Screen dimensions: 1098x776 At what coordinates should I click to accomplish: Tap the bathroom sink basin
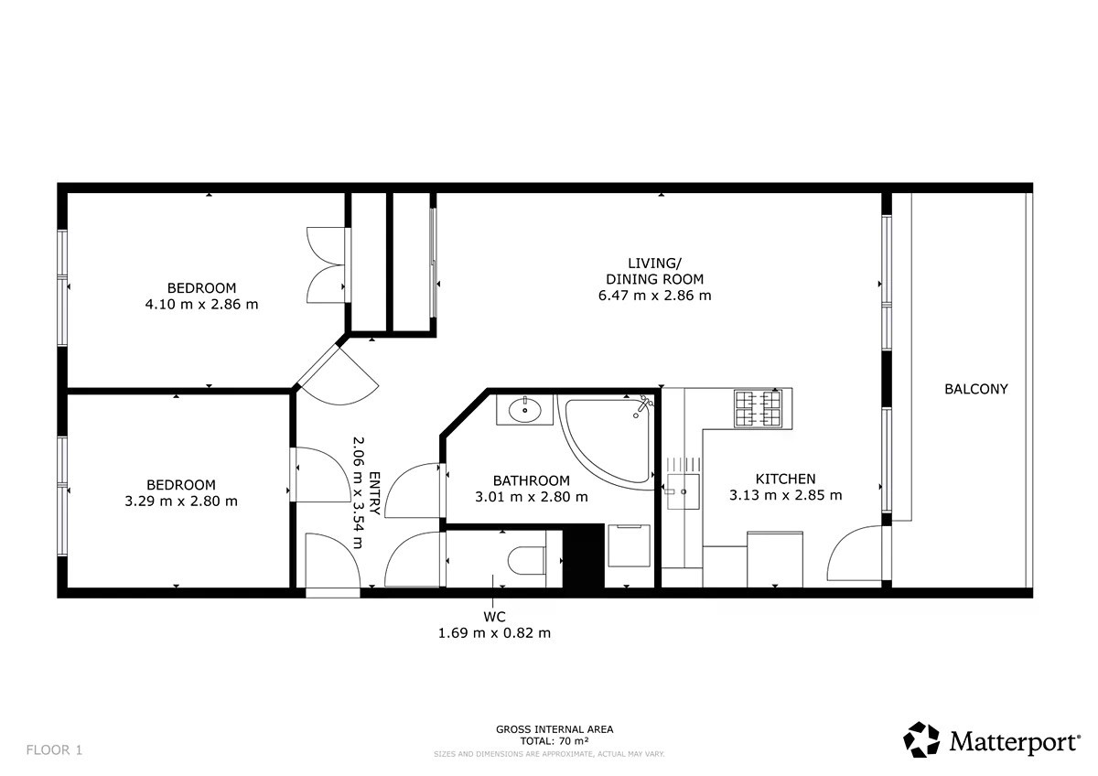pyautogui.click(x=524, y=409)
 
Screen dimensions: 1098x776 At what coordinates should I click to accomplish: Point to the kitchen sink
pyautogui.click(x=683, y=491)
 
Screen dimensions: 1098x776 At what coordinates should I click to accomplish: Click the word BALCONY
pyautogui.click(x=976, y=389)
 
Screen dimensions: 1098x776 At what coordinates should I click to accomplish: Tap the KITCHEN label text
pyautogui.click(x=785, y=479)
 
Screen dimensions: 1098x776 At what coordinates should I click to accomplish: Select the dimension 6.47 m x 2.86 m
pyautogui.click(x=654, y=296)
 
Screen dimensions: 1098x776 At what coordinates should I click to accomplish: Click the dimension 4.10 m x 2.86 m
pyautogui.click(x=201, y=305)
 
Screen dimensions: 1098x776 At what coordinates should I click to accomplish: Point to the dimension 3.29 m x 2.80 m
pyautogui.click(x=181, y=501)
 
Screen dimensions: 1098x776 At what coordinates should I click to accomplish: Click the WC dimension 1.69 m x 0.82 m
pyautogui.click(x=494, y=633)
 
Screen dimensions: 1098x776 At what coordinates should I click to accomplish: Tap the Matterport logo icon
pyautogui.click(x=921, y=739)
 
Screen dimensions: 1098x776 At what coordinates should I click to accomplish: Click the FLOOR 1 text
pyautogui.click(x=54, y=750)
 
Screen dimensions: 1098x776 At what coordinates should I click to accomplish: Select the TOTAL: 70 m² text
pyautogui.click(x=554, y=741)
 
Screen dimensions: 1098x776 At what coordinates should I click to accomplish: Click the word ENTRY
pyautogui.click(x=374, y=493)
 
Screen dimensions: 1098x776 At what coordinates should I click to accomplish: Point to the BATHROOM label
pyautogui.click(x=532, y=480)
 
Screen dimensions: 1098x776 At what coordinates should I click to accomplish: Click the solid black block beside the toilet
pyautogui.click(x=584, y=555)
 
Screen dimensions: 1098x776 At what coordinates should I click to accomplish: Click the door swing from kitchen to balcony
pyautogui.click(x=856, y=554)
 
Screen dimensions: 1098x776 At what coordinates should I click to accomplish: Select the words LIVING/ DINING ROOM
pyautogui.click(x=654, y=271)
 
